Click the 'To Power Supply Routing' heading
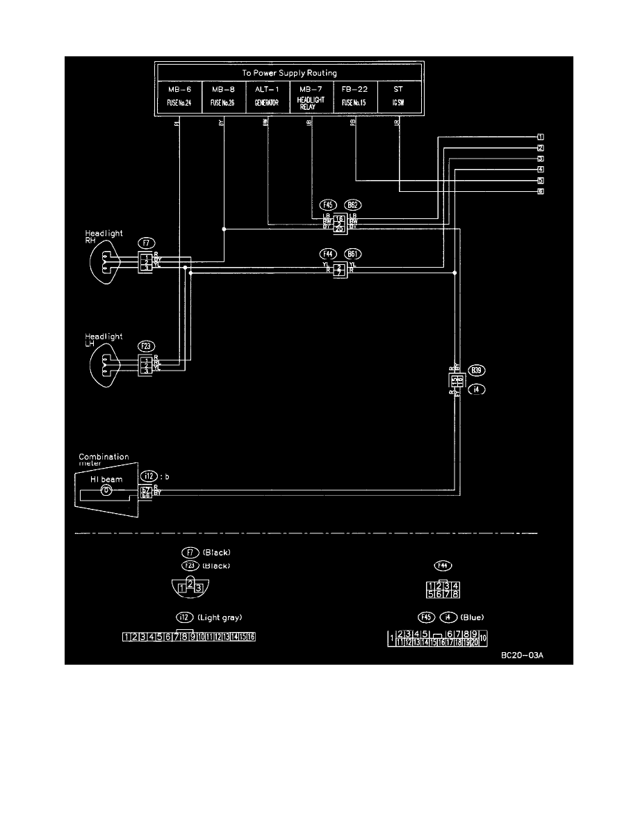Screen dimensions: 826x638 pyautogui.click(x=290, y=72)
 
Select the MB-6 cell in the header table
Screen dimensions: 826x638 pyautogui.click(x=179, y=96)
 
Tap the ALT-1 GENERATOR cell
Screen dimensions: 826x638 pyautogui.click(x=268, y=96)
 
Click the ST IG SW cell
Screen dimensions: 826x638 pyautogui.click(x=398, y=96)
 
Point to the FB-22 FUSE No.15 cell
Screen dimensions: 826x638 pyautogui.click(x=355, y=96)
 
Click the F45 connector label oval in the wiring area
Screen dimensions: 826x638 pyautogui.click(x=328, y=205)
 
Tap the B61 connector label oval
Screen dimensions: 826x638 pyautogui.click(x=352, y=254)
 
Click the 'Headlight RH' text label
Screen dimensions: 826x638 pyautogui.click(x=104, y=237)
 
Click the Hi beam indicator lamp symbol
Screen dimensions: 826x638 pyautogui.click(x=106, y=489)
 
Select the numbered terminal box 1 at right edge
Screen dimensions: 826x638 pyautogui.click(x=540, y=137)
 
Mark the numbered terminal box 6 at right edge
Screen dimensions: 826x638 pyautogui.click(x=540, y=190)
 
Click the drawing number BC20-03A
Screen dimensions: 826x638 pyautogui.click(x=522, y=655)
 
